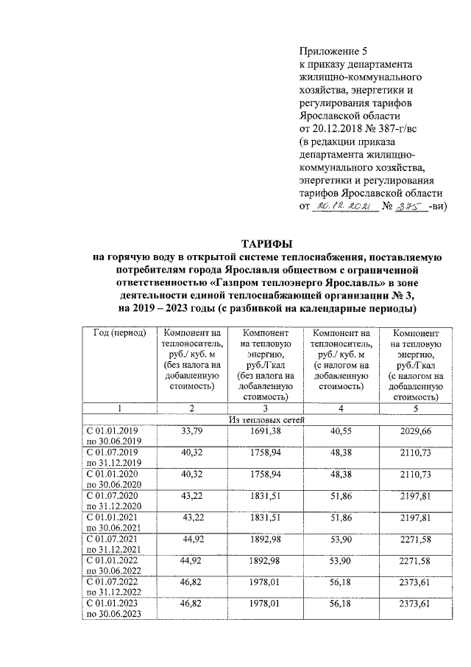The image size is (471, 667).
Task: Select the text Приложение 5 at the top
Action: [x=333, y=51]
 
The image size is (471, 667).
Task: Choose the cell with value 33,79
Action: [x=191, y=430]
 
